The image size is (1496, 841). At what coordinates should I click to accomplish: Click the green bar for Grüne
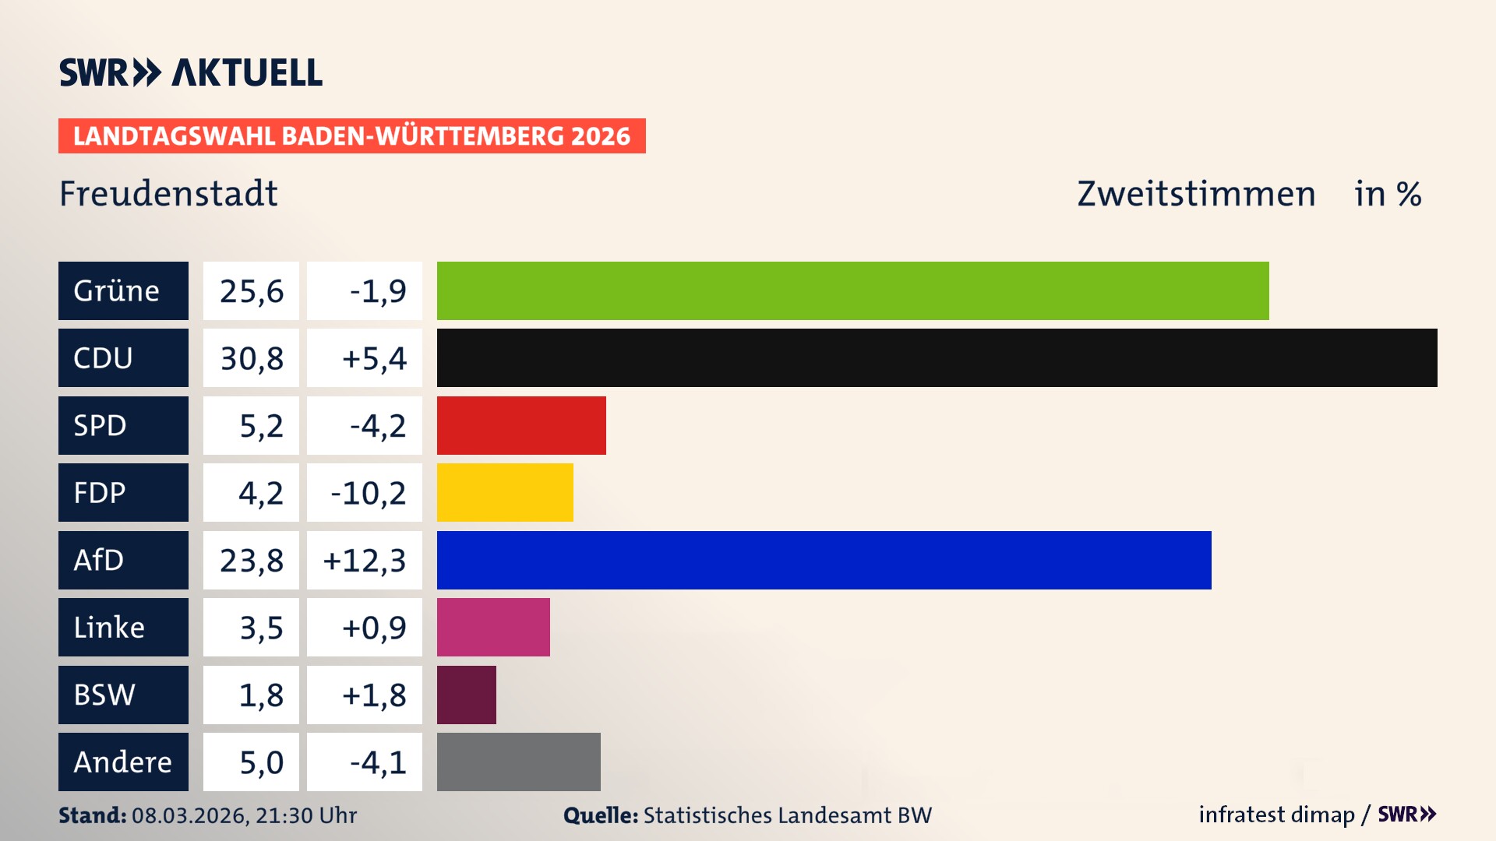[x=852, y=290]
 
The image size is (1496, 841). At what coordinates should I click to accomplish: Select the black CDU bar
[x=937, y=357]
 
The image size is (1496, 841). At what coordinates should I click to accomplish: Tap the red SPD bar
[x=521, y=425]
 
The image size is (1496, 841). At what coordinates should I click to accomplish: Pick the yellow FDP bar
[x=505, y=492]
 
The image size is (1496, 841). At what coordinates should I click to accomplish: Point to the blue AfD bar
[x=824, y=560]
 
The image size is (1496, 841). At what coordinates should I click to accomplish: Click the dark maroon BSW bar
[x=466, y=695]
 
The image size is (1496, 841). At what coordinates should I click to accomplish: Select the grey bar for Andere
[x=518, y=762]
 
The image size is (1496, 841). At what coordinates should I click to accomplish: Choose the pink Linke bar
[x=493, y=627]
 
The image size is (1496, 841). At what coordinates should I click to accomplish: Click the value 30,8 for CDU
[x=251, y=358]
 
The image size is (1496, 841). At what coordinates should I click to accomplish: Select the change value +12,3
[x=365, y=560]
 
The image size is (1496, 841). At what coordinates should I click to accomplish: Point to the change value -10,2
[x=368, y=493]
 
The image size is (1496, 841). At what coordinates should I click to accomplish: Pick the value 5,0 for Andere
[x=260, y=762]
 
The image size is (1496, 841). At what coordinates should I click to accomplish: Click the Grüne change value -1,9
[x=377, y=291]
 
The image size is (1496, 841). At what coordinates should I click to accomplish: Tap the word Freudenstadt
[x=168, y=194]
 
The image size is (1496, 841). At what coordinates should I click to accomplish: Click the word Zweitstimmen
[x=1196, y=194]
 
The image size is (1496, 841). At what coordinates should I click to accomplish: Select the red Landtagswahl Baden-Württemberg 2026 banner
[x=351, y=135]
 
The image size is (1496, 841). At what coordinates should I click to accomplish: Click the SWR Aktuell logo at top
[x=190, y=72]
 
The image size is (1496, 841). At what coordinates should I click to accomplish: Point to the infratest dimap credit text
[x=1276, y=815]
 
